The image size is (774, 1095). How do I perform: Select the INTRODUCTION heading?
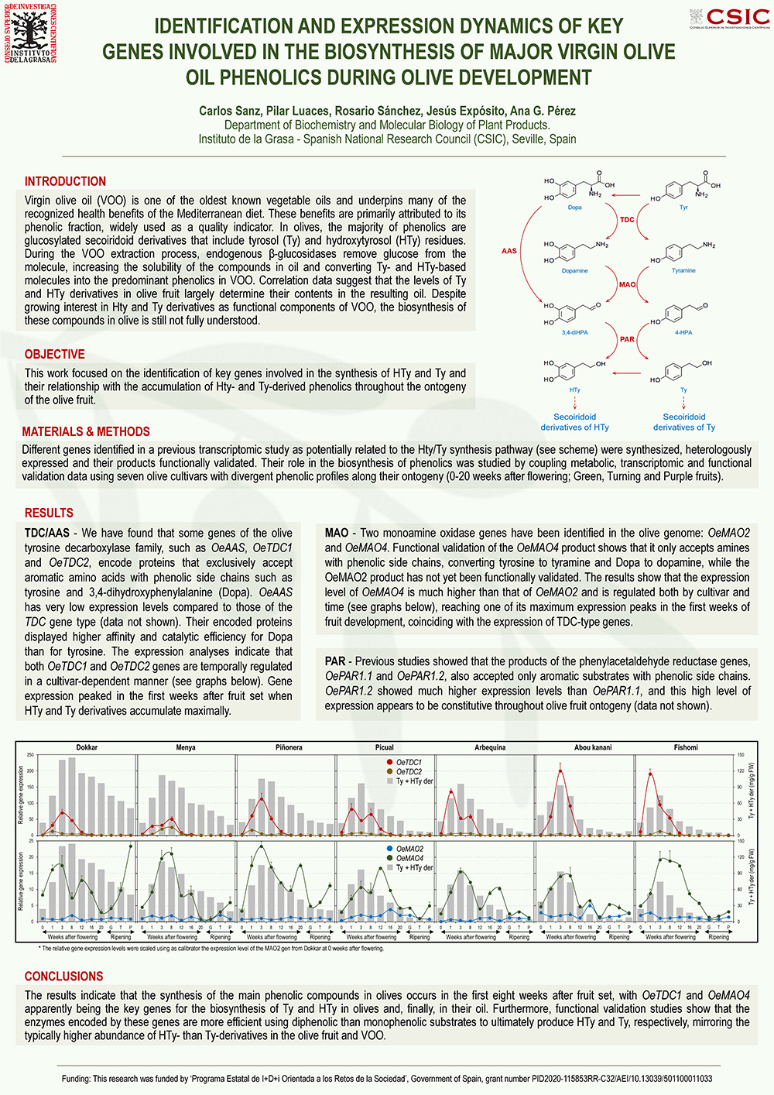pyautogui.click(x=65, y=181)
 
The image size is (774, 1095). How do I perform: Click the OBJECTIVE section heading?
pyautogui.click(x=54, y=354)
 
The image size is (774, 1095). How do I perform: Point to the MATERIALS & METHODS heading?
pyautogui.click(x=86, y=431)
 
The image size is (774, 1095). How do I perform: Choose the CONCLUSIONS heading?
pyautogui.click(x=63, y=976)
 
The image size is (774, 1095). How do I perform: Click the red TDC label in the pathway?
pyautogui.click(x=627, y=220)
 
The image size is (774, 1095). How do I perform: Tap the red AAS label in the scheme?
pyautogui.click(x=509, y=251)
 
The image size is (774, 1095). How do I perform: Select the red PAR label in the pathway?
pyautogui.click(x=627, y=339)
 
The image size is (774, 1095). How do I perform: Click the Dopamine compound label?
pyautogui.click(x=574, y=271)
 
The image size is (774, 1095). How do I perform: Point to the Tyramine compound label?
pyautogui.click(x=683, y=271)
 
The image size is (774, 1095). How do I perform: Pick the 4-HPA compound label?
pyautogui.click(x=683, y=332)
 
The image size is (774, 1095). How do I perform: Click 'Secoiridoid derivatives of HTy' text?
pyautogui.click(x=574, y=422)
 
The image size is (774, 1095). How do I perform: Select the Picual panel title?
pyautogui.click(x=384, y=747)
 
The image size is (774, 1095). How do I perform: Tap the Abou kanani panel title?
pyautogui.click(x=593, y=747)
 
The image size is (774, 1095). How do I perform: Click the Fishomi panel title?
pyautogui.click(x=686, y=747)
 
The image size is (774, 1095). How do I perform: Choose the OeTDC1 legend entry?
pyautogui.click(x=409, y=762)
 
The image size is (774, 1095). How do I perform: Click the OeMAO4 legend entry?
pyautogui.click(x=409, y=858)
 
